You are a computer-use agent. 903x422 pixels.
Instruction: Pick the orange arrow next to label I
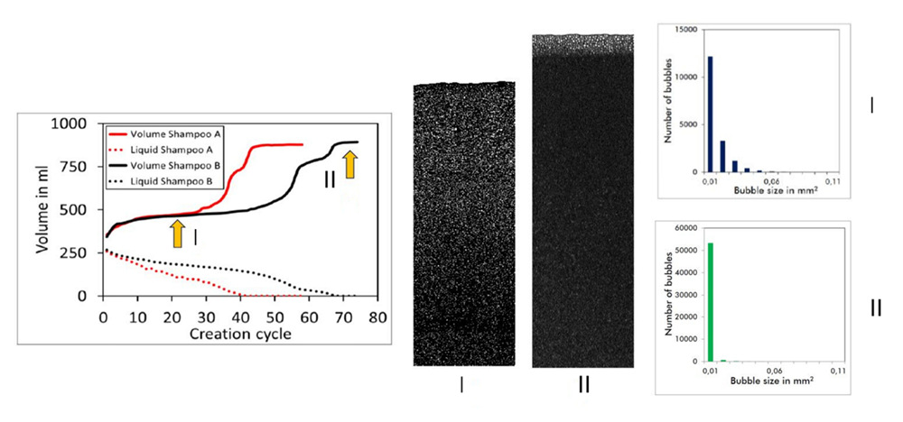178,234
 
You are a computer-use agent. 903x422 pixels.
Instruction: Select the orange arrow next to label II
350,166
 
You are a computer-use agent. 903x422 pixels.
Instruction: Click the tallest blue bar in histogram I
711,114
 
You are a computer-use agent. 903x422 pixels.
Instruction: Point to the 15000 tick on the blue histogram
684,30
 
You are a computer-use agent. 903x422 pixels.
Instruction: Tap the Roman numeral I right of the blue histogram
871,105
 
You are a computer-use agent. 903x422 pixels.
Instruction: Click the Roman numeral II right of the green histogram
875,308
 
